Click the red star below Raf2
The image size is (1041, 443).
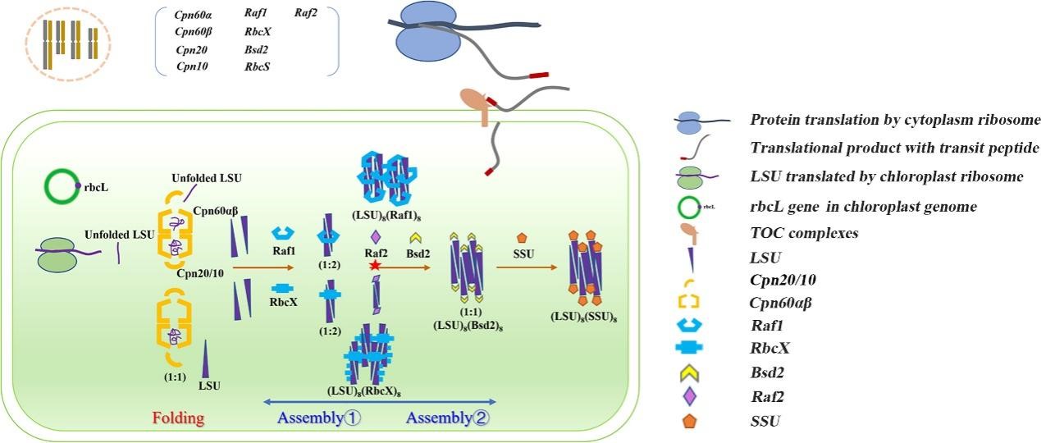[x=374, y=266]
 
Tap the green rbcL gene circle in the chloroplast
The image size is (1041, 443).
[x=62, y=187]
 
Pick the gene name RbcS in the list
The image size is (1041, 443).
[x=258, y=66]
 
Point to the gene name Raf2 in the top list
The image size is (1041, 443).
[x=307, y=13]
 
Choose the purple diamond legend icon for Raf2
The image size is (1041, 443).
[x=689, y=396]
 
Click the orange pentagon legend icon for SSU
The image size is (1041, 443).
[x=689, y=422]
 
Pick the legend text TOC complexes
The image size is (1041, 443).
[x=804, y=233]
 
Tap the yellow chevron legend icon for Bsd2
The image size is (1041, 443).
[x=689, y=372]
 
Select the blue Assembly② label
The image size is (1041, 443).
[x=448, y=418]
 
